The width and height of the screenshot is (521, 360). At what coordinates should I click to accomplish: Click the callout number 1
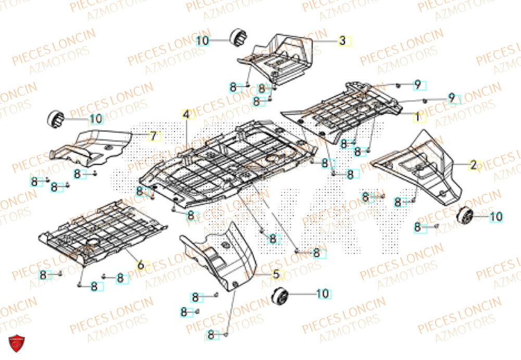[x=417, y=117]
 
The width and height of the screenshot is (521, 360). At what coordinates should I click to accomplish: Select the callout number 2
[x=473, y=166]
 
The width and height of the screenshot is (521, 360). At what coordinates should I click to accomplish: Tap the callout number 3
[x=342, y=41]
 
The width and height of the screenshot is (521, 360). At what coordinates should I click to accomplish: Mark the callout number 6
[x=140, y=265]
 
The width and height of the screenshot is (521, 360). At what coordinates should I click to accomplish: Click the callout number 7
[x=153, y=136]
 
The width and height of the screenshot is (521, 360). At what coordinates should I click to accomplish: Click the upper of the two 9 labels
[x=417, y=84]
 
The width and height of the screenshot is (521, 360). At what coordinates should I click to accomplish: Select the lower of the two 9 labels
[x=452, y=97]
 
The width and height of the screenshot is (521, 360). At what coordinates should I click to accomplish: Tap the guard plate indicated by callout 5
[x=224, y=255]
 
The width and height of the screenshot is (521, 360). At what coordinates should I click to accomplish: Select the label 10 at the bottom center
[x=322, y=294]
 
